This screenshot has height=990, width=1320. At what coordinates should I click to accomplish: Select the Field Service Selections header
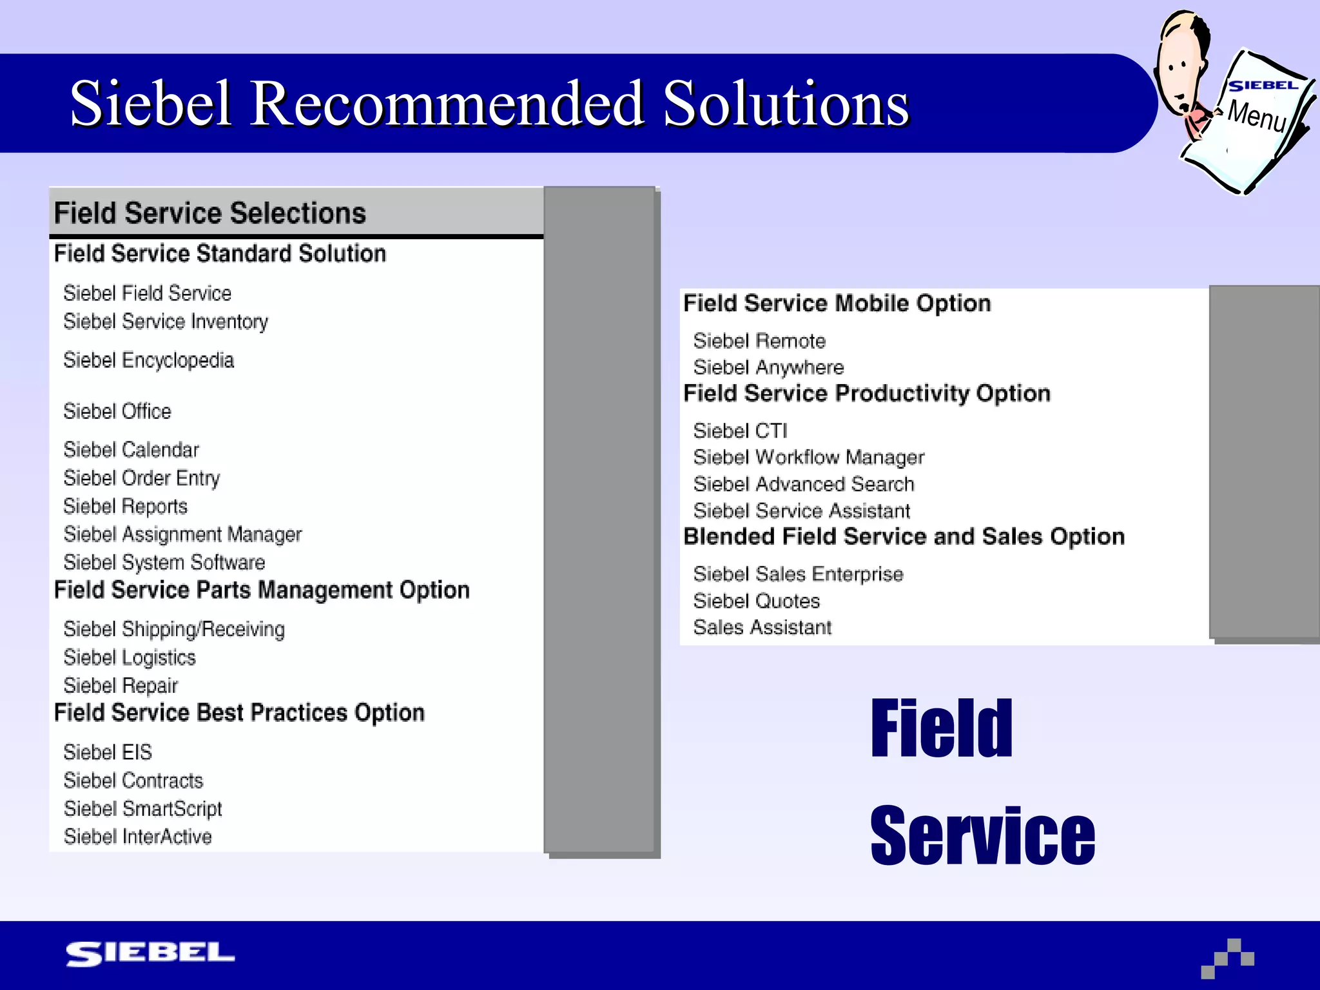[209, 213]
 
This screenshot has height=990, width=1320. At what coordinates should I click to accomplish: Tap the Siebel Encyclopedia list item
[148, 360]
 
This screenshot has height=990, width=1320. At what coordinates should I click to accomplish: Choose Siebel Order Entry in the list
[141, 478]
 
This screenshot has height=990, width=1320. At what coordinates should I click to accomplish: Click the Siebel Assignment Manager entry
[182, 534]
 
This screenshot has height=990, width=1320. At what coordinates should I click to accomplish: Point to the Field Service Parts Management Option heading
[261, 590]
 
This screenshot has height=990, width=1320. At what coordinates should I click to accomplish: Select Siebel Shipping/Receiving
[173, 629]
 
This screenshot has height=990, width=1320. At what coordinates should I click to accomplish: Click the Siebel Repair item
[120, 685]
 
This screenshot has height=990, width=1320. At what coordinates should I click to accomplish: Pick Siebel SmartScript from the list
[142, 808]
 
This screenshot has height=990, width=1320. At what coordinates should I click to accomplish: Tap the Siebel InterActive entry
[137, 837]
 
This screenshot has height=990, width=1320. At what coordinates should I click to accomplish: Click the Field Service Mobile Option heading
[836, 303]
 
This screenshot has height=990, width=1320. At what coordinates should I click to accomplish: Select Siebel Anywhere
[768, 367]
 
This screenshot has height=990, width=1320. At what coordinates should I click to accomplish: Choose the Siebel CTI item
[739, 430]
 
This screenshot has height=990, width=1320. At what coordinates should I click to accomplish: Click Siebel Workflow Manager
[808, 457]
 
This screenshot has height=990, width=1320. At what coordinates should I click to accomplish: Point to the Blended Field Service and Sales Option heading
[903, 536]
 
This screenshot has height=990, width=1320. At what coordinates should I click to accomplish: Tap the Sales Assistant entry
[762, 627]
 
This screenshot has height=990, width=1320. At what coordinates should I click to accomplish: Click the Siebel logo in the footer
[150, 953]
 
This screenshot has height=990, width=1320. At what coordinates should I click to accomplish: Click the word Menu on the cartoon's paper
[1256, 116]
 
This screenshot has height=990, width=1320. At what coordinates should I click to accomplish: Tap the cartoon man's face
[1179, 71]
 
